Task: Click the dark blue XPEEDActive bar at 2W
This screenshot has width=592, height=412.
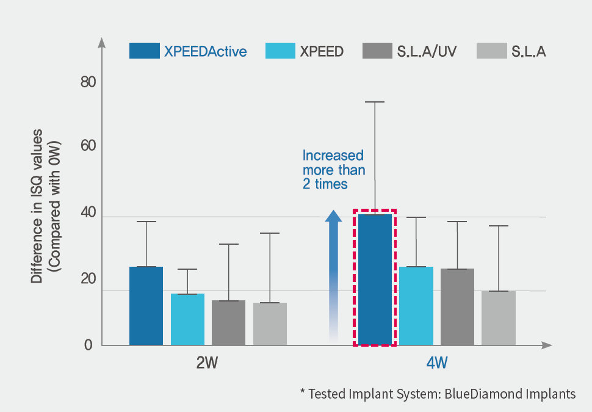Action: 146,306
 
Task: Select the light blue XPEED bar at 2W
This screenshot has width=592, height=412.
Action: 187,319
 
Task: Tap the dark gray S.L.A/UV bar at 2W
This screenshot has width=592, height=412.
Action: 228,323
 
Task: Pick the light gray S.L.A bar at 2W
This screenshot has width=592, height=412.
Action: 270,324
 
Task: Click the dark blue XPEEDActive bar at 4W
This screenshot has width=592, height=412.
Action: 375,280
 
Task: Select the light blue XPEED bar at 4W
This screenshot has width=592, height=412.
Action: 416,306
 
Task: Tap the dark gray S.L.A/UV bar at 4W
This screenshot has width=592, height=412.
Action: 457,307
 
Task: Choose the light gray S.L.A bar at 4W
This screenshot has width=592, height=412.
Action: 499,318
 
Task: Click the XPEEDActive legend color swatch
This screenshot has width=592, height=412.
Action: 145,51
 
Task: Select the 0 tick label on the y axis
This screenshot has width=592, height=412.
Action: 88,345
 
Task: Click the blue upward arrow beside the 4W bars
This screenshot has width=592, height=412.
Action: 333,275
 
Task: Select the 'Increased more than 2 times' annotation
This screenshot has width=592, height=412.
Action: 333,169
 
